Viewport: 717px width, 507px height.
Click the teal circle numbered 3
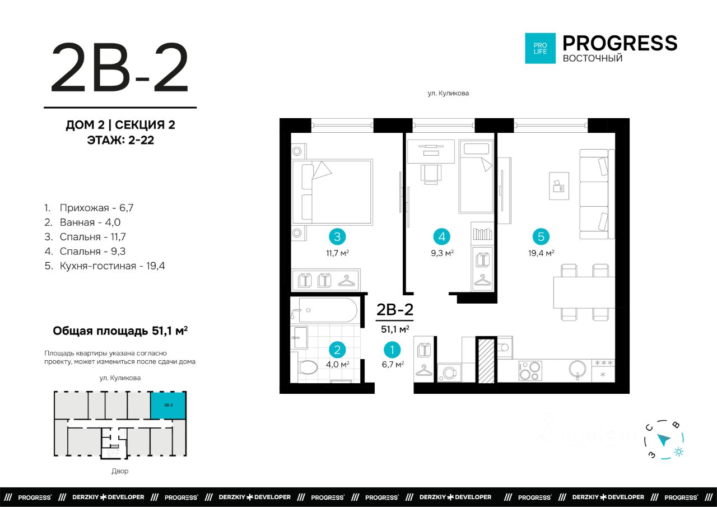pos(337,236)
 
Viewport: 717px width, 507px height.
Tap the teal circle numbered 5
pos(541,236)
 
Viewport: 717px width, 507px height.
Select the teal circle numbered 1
pos(392,350)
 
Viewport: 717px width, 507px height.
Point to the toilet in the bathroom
pos(306,368)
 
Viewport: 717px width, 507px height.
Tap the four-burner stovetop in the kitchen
pos(530,371)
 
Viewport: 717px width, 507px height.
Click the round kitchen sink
pos(578,369)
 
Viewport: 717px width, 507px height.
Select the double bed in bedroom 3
pos(332,192)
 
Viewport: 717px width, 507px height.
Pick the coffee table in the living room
pos(559,186)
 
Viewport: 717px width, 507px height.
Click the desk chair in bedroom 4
pos(431,174)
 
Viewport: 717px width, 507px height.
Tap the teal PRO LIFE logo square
pos(541,48)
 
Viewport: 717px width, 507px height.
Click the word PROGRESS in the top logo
pos(620,43)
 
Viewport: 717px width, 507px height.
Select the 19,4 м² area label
pos(541,253)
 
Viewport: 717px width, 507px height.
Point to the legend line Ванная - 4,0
pos(82,222)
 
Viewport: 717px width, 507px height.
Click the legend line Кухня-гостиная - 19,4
pos(105,266)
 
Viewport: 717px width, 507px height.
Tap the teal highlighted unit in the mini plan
pos(169,405)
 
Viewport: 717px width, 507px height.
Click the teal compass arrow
pos(664,440)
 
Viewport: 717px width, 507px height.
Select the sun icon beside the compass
pos(678,452)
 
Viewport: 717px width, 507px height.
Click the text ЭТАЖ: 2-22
pos(120,140)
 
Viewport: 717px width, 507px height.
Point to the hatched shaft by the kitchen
pos(486,361)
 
